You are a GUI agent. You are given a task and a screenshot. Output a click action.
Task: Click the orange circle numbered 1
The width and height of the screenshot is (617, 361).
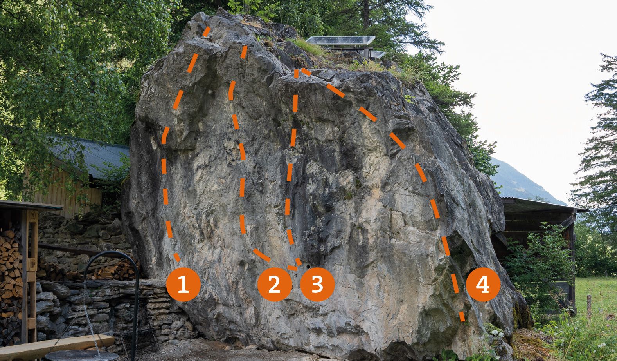[x=183, y=284]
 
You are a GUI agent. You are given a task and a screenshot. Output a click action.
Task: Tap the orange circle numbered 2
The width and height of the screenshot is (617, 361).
[x=274, y=284]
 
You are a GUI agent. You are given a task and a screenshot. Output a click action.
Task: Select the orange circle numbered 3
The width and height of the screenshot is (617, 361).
[x=317, y=284]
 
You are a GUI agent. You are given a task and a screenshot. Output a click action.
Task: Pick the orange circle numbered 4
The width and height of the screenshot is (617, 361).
[x=483, y=284]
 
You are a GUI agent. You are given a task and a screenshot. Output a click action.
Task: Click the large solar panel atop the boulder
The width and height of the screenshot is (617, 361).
[x=340, y=41]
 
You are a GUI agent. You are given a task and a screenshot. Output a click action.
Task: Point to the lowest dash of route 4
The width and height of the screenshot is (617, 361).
[x=462, y=317]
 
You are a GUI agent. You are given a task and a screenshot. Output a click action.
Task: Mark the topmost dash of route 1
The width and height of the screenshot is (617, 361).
[x=206, y=32]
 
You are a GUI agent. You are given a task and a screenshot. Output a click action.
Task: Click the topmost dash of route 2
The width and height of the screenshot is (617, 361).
[x=244, y=52]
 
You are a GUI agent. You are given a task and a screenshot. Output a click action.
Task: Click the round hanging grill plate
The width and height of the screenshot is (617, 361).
[x=82, y=356]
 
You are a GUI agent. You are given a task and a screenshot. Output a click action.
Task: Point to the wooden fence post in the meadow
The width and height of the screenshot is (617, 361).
[x=589, y=307]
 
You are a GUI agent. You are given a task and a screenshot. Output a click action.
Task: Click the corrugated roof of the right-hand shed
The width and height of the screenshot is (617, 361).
[x=540, y=205]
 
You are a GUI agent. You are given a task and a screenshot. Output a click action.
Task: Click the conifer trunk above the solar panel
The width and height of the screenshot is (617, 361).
[x=366, y=14]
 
